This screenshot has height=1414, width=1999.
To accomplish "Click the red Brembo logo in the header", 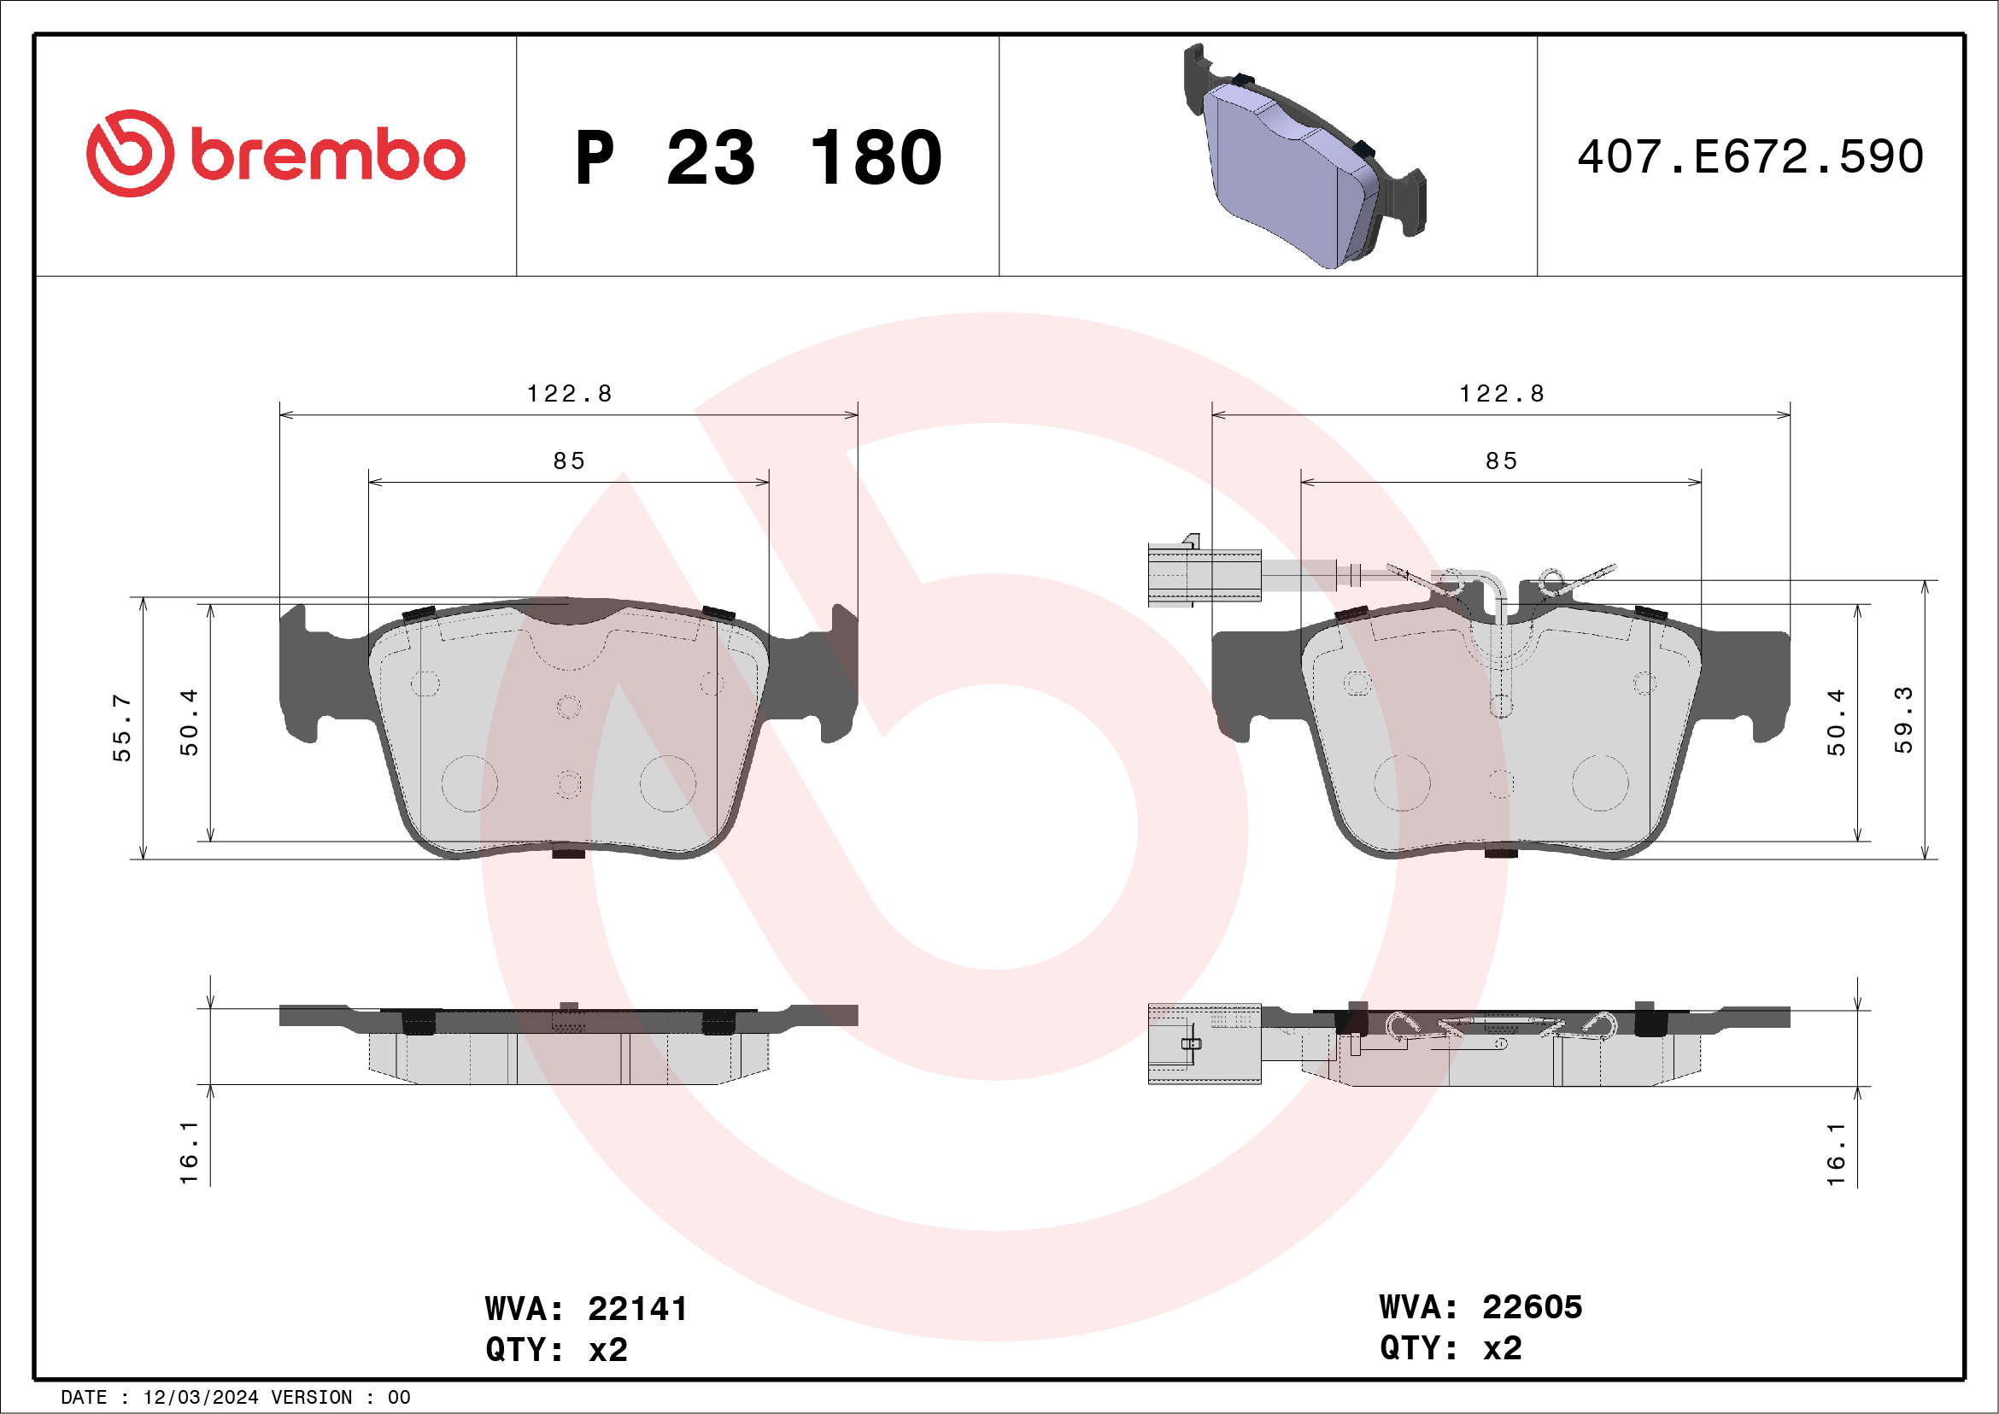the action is tap(275, 153).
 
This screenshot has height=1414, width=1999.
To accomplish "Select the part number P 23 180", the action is tap(759, 157).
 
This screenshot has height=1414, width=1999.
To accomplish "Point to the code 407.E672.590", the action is tap(1750, 156).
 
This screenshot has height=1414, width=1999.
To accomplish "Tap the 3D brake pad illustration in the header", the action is tap(1304, 155).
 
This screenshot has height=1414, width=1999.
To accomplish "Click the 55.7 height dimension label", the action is tap(121, 728).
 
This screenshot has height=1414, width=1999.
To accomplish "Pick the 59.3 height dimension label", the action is tap(1903, 720).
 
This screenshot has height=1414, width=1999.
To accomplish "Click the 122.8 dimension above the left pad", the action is tap(570, 394).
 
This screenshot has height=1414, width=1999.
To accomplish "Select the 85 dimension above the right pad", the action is tap(1501, 461).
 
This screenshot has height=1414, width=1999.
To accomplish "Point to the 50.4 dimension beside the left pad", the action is tap(188, 722).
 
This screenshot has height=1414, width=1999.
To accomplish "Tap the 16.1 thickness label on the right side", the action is tap(1835, 1153).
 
